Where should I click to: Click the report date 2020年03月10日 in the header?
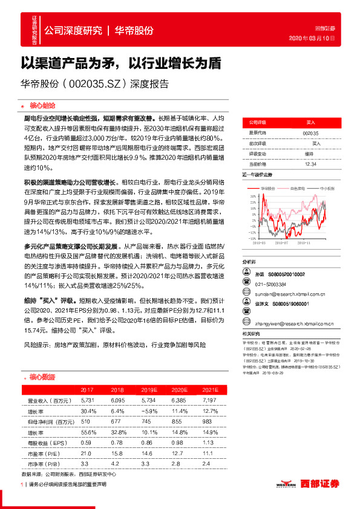coord(321,39)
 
